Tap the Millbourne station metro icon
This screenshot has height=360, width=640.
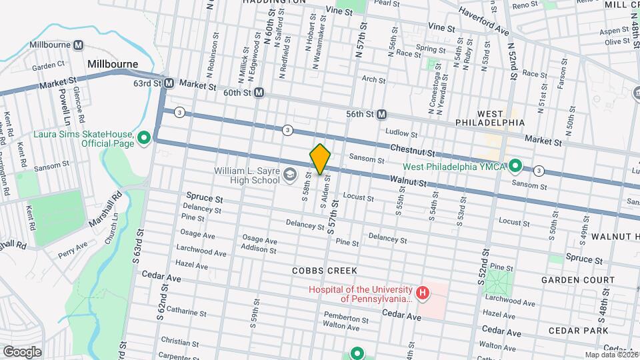79,45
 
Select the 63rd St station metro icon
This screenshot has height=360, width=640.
169,84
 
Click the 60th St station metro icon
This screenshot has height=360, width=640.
259,93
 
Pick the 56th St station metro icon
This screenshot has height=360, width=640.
381,114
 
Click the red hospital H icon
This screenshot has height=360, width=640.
421,293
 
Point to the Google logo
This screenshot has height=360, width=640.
23,351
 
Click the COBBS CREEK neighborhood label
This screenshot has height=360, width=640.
325,271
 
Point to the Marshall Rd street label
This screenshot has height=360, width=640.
109,212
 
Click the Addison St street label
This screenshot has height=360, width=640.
259,248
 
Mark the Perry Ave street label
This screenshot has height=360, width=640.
73,250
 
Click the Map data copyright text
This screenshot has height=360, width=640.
611,354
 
